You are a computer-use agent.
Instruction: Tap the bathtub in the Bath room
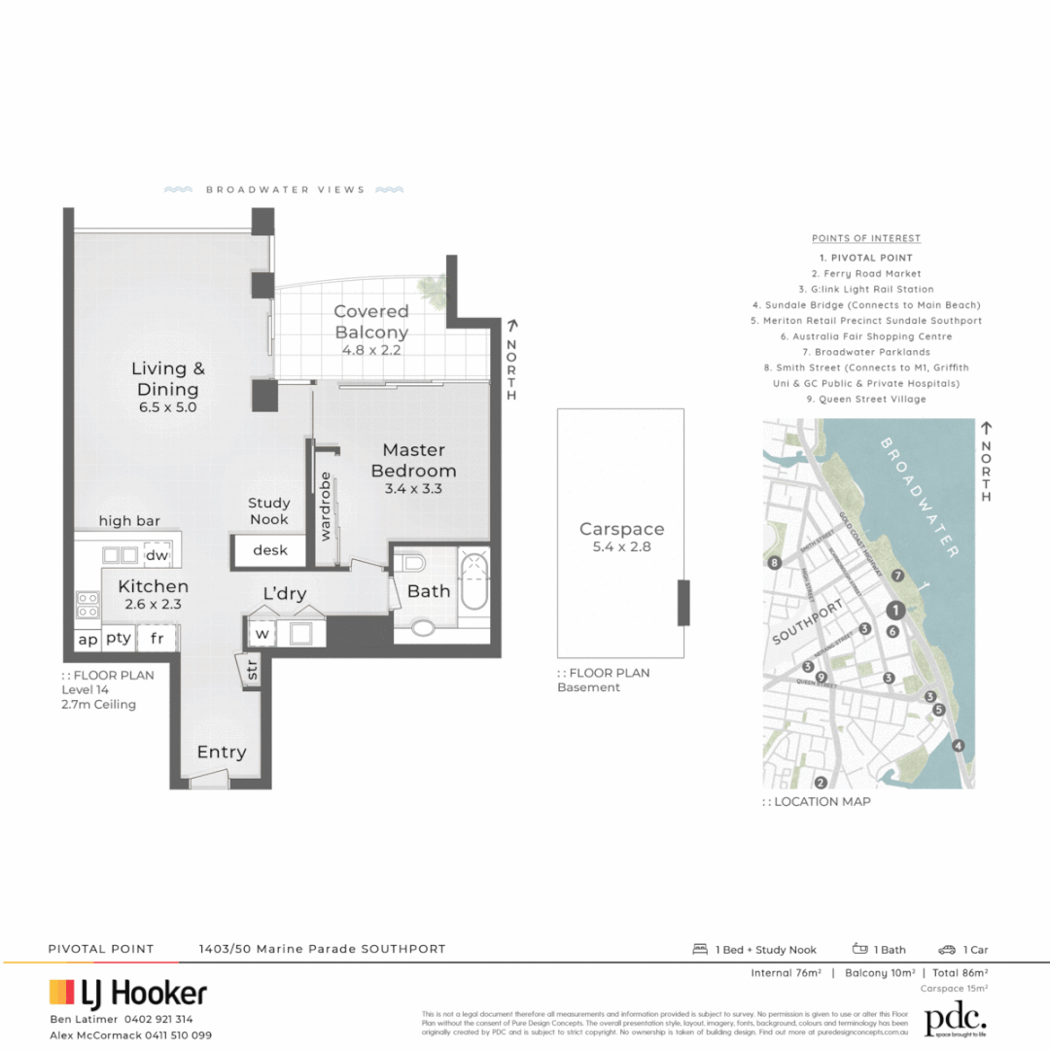(x=472, y=580)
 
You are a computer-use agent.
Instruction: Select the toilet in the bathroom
(x=412, y=563)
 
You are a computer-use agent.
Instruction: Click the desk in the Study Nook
(x=270, y=550)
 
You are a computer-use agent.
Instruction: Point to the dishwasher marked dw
(x=156, y=555)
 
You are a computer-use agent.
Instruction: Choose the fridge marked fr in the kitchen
(x=156, y=639)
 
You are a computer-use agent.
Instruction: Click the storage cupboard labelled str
(x=251, y=670)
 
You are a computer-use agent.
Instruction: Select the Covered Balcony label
(x=370, y=321)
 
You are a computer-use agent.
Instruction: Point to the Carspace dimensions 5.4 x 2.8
(x=621, y=546)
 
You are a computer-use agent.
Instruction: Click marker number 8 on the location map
(x=775, y=563)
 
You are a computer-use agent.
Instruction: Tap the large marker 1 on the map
(x=896, y=611)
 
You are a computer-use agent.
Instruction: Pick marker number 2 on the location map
(x=821, y=782)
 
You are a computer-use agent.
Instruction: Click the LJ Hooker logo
(x=128, y=993)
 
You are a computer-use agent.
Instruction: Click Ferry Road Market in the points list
(x=866, y=274)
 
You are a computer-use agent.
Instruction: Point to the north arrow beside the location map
(x=987, y=428)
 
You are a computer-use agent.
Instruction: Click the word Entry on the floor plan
(x=222, y=752)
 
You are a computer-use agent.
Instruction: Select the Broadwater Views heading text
(x=285, y=190)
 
